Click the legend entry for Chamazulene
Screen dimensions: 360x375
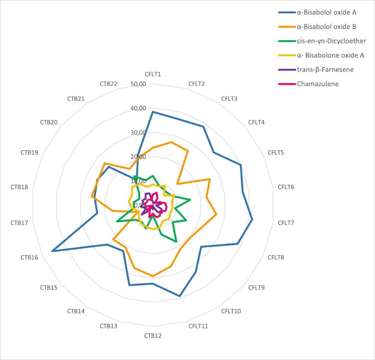317,84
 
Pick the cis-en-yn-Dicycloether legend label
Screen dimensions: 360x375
331,41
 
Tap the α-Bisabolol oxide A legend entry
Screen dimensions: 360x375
327,12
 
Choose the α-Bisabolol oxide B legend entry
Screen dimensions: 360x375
327,27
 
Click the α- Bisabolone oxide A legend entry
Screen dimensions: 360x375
330,55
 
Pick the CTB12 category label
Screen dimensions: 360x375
153,336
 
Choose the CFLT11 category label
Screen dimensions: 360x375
197,326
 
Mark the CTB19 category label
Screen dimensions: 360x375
29,152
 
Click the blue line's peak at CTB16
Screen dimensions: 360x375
52,251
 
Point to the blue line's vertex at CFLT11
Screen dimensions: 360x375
180,296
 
